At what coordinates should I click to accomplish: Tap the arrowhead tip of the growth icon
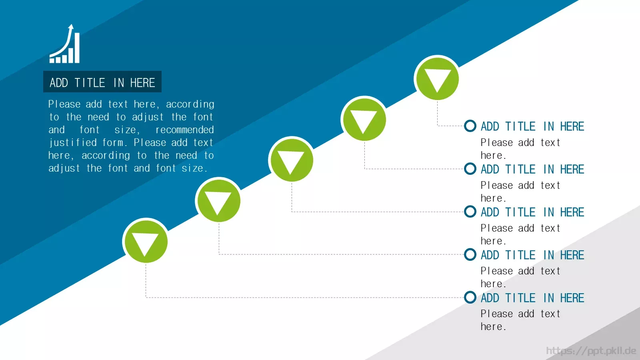pos(72,24)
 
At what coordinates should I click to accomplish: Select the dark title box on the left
pos(102,82)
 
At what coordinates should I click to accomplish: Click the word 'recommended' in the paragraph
pos(184,130)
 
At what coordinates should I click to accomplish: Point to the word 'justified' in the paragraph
pos(72,142)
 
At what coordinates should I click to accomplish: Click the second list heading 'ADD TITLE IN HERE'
pos(532,169)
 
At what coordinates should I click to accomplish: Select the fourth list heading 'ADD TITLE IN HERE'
pos(532,255)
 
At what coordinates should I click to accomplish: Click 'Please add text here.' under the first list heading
pos(520,149)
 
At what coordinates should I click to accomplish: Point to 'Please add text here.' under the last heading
pos(520,320)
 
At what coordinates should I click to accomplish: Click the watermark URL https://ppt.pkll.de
pos(591,350)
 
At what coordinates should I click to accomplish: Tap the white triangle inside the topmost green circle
pos(437,80)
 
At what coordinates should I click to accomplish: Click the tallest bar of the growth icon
pos(77,48)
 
